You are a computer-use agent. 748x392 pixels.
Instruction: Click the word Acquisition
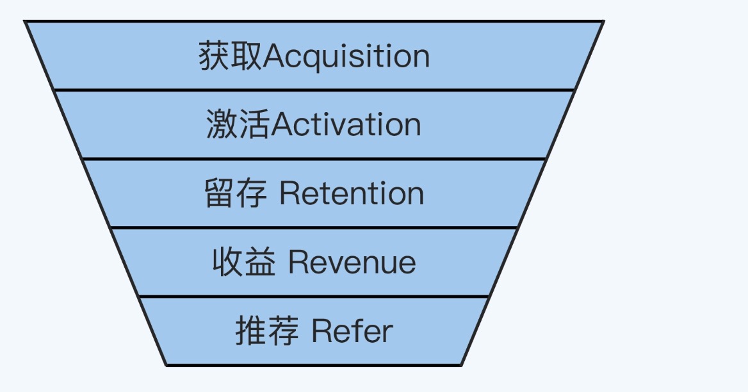point(346,56)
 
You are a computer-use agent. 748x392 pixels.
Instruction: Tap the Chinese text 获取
point(231,56)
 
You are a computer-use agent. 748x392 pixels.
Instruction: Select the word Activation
point(346,124)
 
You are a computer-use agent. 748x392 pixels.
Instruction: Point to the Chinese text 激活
point(238,124)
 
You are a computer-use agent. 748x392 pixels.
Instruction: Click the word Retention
point(352,193)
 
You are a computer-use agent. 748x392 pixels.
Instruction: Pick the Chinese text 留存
point(235,193)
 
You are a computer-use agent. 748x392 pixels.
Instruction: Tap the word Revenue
point(352,262)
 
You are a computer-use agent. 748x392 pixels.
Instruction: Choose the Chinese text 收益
point(243,262)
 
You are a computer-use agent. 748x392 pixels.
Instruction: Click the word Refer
point(352,331)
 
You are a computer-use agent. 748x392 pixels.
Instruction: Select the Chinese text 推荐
point(266,331)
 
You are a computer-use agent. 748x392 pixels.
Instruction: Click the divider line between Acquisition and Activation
point(314,90)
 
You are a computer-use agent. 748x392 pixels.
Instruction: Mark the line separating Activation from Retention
point(314,159)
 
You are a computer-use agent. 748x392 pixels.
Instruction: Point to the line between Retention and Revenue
point(314,227)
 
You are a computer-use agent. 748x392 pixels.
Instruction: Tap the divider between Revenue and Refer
point(314,297)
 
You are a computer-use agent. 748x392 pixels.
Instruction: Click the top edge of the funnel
point(314,21)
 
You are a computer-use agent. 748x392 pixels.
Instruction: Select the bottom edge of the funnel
point(314,365)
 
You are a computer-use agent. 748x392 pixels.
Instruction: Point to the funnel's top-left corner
point(25,22)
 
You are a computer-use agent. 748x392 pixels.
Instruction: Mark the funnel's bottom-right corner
point(461,364)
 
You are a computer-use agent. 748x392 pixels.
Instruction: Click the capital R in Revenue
point(298,262)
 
